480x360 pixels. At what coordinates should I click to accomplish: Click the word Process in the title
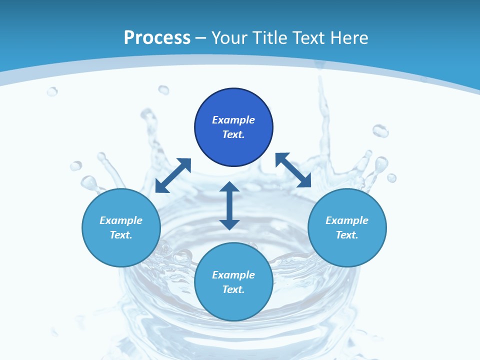pyautogui.click(x=157, y=38)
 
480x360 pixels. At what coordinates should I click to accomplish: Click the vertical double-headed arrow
pyautogui.click(x=229, y=205)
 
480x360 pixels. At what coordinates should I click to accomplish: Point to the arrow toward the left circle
pyautogui.click(x=173, y=175)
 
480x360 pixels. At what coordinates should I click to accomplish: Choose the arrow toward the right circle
pyautogui.click(x=293, y=170)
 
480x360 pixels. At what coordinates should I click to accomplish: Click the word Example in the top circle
pyautogui.click(x=233, y=120)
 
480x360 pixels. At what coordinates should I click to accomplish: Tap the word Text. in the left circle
pyautogui.click(x=121, y=235)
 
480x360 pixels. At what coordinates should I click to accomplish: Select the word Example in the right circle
pyautogui.click(x=347, y=220)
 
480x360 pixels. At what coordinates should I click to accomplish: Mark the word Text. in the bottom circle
pyautogui.click(x=233, y=289)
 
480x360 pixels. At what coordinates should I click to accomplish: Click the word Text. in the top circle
pyautogui.click(x=233, y=134)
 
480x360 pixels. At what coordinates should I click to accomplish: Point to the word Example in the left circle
pyautogui.click(x=121, y=220)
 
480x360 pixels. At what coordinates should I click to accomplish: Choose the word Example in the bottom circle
pyautogui.click(x=233, y=275)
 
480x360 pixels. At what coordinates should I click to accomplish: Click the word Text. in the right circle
pyautogui.click(x=347, y=235)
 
